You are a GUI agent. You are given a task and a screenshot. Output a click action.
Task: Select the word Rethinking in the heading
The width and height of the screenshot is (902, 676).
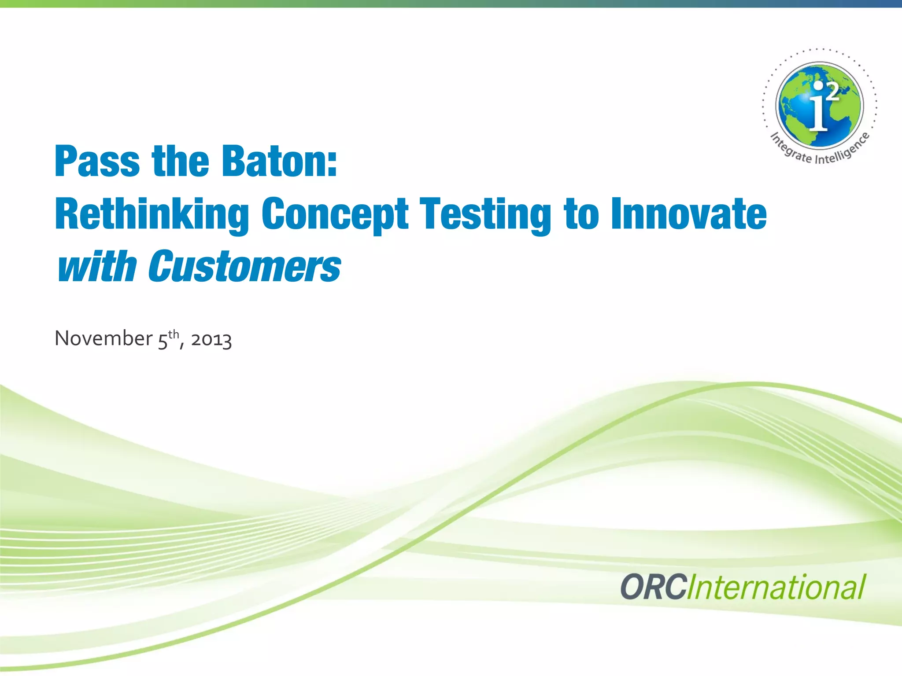(152, 214)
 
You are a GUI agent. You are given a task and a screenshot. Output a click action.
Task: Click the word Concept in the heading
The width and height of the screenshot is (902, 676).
(335, 214)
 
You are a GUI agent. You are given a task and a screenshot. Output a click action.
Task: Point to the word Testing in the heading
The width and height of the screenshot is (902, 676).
(485, 214)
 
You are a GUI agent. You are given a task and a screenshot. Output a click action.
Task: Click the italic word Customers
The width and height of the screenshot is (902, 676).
(244, 267)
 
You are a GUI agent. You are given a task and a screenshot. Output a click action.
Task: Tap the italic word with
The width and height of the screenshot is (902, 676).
(97, 267)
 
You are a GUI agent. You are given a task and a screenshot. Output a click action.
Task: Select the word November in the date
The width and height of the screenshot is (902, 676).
(104, 338)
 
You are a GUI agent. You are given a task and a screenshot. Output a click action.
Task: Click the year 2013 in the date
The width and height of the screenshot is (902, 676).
(211, 339)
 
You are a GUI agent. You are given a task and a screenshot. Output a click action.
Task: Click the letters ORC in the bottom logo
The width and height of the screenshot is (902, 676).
(654, 587)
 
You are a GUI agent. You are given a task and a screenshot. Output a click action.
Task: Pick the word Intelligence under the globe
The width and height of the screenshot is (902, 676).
(843, 150)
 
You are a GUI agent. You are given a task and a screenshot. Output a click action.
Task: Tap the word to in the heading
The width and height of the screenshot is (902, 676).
(581, 214)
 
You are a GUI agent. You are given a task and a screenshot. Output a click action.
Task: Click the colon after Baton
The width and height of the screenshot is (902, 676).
(332, 163)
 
